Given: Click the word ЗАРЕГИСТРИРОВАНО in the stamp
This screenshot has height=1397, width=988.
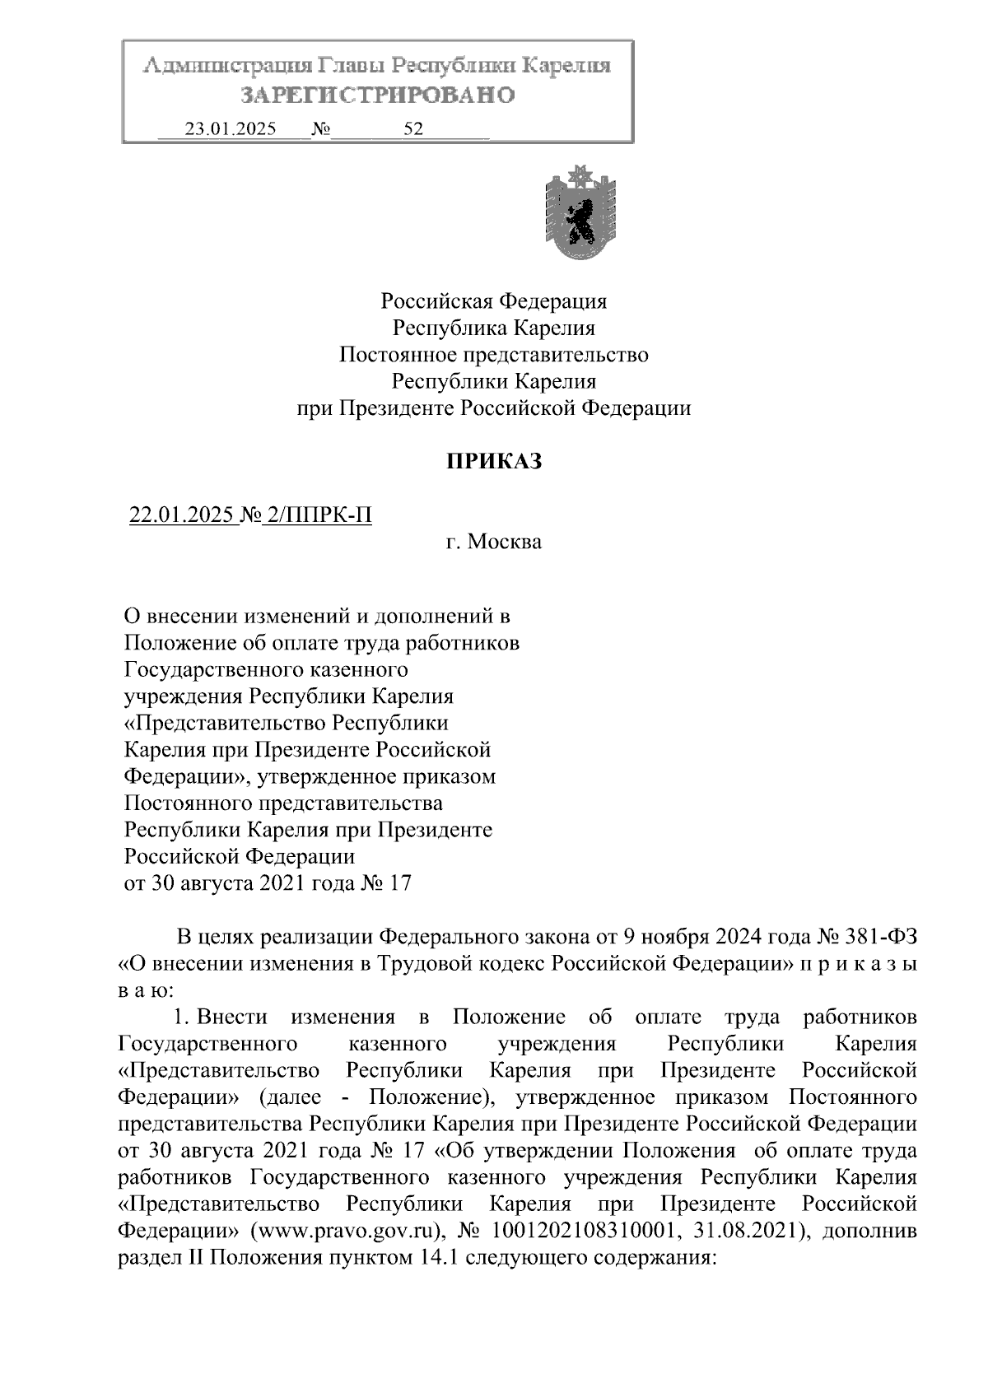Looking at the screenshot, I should tap(378, 95).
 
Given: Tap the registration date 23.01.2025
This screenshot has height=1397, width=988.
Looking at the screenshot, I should tap(231, 129).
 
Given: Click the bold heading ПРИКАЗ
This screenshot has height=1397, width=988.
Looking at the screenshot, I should tap(494, 462).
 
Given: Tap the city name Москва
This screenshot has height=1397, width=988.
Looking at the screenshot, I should tap(505, 543).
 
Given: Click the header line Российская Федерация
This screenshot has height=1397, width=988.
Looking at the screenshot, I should tap(493, 301).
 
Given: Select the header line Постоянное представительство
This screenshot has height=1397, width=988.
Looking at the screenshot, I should tap(493, 355).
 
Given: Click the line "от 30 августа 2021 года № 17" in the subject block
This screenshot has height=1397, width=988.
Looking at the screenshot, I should tap(267, 883).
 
